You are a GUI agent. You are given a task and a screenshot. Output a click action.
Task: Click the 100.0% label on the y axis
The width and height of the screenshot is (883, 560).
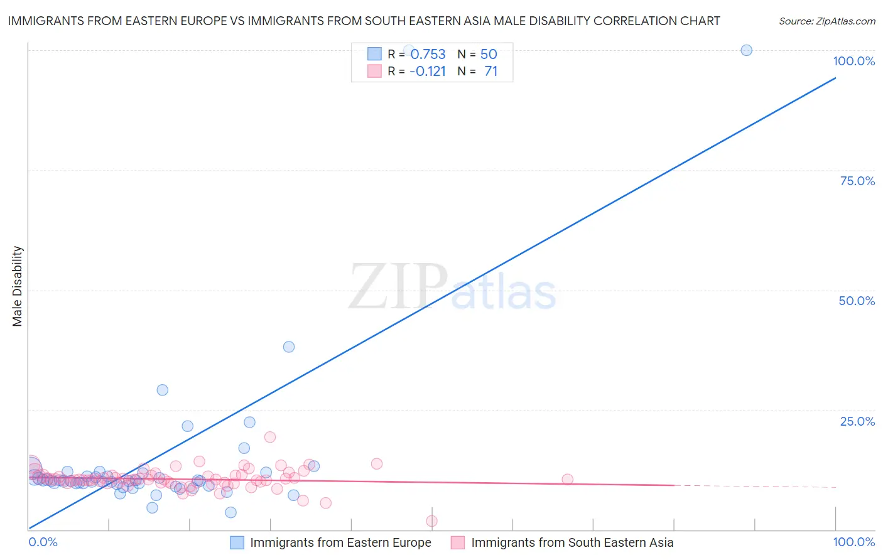click(853, 61)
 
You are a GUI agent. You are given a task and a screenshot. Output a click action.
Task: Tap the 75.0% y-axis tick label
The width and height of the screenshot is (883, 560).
click(857, 181)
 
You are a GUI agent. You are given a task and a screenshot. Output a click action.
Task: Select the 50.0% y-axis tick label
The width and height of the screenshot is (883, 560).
click(857, 301)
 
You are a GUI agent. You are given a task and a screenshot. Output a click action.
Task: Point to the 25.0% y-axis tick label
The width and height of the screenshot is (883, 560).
click(857, 421)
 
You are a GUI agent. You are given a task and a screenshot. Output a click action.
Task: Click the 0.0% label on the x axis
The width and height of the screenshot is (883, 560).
click(43, 542)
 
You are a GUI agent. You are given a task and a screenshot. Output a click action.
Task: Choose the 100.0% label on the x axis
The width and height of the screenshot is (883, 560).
click(853, 542)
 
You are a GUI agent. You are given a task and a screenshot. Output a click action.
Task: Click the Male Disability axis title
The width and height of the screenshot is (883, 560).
click(18, 286)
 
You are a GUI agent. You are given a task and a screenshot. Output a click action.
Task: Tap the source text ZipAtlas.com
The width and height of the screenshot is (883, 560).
click(827, 21)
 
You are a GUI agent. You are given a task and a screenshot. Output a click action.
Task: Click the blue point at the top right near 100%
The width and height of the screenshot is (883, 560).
click(746, 50)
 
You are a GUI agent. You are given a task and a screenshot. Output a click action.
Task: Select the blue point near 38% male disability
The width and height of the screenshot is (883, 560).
click(289, 347)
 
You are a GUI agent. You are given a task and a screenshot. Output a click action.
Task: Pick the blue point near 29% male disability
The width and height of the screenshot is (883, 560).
click(163, 390)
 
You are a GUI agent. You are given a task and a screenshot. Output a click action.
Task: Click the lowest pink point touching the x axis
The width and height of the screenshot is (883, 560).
click(431, 521)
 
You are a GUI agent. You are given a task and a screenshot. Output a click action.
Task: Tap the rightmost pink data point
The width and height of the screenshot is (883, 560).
click(568, 480)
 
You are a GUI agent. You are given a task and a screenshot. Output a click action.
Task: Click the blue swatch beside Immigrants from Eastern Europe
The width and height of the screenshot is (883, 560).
click(237, 542)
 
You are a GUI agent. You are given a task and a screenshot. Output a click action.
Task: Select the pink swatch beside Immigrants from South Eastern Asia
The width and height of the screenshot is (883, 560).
click(458, 542)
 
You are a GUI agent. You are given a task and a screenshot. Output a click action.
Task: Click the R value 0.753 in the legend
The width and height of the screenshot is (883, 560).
click(428, 55)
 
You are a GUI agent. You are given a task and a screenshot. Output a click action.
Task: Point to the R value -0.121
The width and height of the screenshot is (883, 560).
click(428, 72)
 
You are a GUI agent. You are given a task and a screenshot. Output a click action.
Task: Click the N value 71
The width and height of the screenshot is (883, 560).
click(490, 72)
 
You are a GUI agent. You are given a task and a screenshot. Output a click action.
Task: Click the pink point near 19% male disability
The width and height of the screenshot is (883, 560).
click(270, 437)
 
